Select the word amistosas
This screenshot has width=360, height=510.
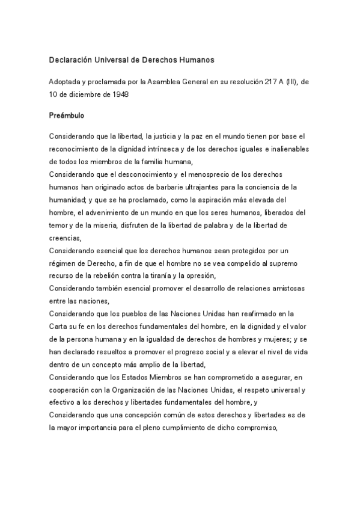pyautogui.click(x=285, y=288)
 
